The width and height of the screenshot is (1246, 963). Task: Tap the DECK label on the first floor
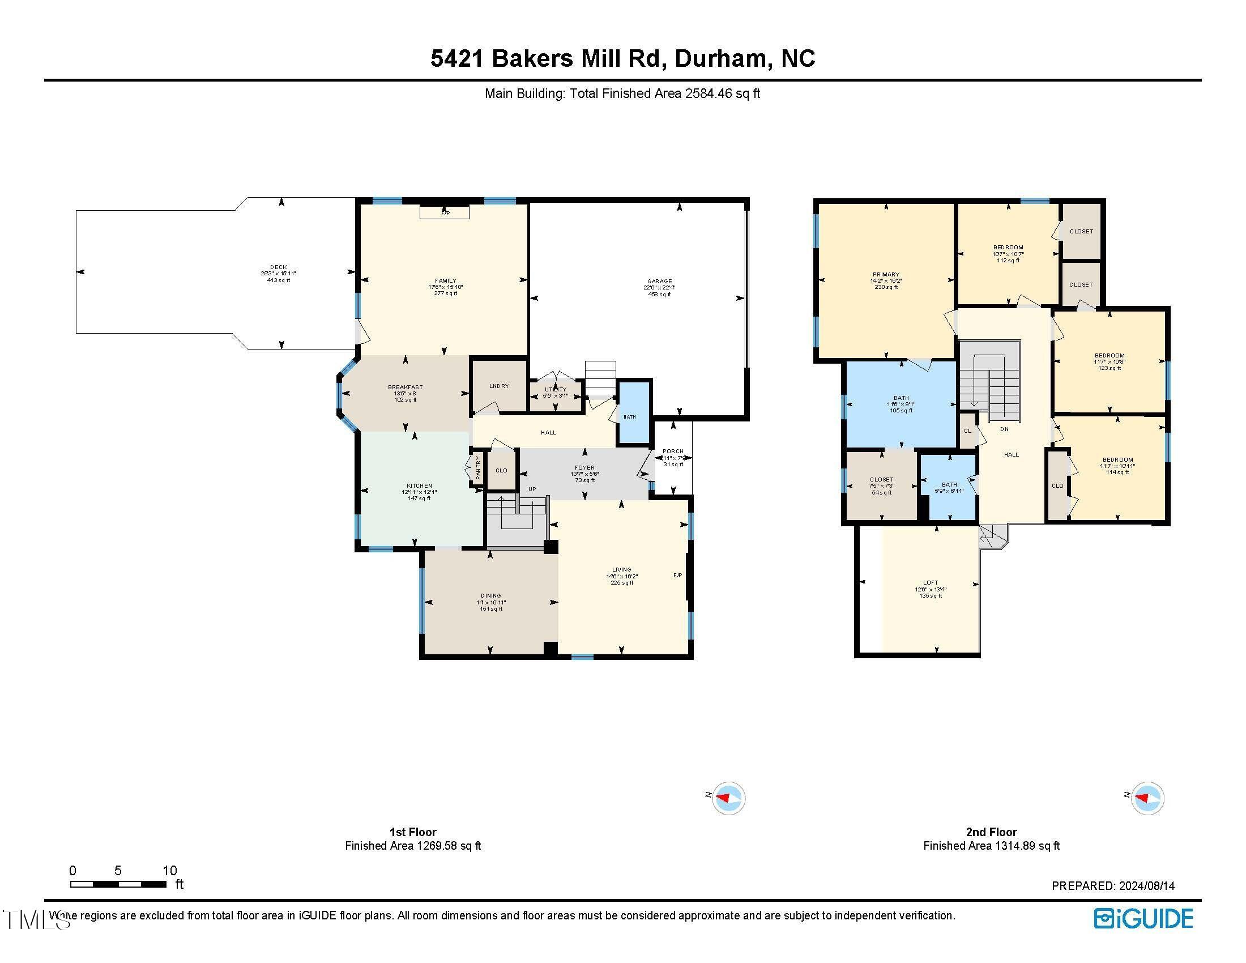pos(279,267)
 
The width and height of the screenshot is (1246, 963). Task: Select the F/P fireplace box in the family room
pos(445,212)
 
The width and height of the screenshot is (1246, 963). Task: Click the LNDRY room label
pos(498,386)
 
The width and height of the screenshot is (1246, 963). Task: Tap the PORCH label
pos(673,451)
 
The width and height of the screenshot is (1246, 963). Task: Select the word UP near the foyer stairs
pos(532,489)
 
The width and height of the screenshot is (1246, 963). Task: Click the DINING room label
pos(490,595)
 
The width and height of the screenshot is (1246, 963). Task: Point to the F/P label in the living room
pos(677,576)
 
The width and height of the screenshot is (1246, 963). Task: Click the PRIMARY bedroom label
pos(885,274)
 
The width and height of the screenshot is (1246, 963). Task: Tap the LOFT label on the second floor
pos(931,583)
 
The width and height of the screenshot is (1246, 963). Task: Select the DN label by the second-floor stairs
pos(1004,429)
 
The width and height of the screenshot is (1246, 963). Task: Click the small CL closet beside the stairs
pos(967,431)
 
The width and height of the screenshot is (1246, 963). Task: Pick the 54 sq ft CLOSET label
pos(881,480)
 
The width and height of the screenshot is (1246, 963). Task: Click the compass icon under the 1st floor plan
pos(728,798)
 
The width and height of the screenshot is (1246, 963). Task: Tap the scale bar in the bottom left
pos(118,884)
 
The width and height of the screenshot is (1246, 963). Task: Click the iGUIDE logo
pos(1143,918)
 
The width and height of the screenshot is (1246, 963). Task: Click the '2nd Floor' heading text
pos(991,832)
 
